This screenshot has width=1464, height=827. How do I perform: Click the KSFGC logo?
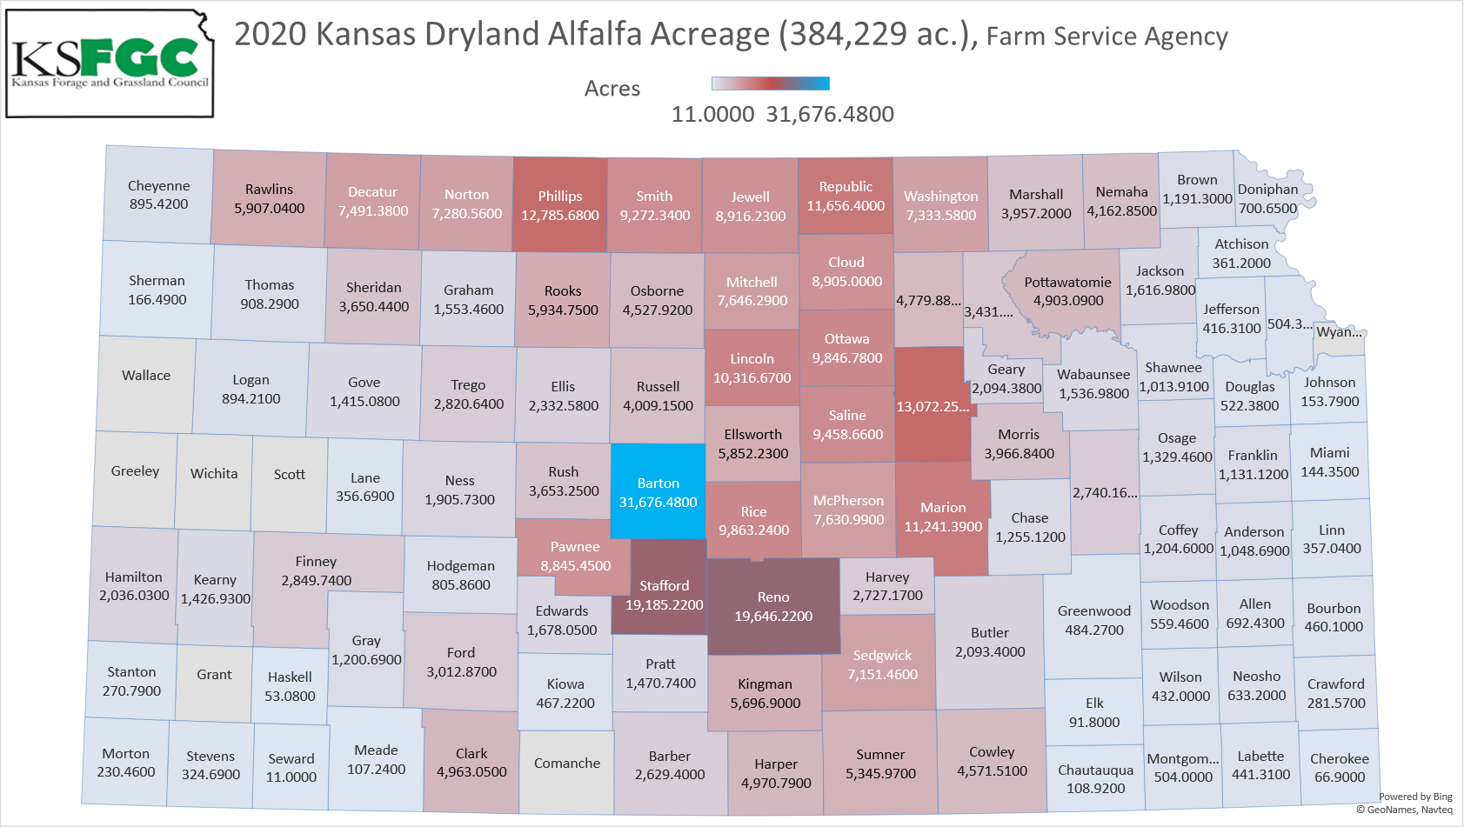point(110,63)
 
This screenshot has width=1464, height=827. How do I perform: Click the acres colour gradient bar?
point(770,83)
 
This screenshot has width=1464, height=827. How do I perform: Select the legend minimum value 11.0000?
point(712,115)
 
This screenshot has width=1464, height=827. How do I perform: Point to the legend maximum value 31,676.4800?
point(830,115)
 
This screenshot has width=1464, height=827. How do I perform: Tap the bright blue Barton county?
point(658,492)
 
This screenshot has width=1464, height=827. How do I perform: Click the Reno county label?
point(773,597)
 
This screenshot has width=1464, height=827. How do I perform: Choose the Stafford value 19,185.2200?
point(665,605)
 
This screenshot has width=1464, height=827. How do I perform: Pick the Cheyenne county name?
point(158,186)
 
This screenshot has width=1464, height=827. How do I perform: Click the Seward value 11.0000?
point(291,777)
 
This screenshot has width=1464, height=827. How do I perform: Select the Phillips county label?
point(560,197)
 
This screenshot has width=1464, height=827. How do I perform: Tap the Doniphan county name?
point(1267,190)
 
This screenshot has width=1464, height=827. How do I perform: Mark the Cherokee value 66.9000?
point(1340,777)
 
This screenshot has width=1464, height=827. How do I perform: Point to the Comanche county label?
point(567,764)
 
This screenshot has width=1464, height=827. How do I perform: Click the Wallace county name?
point(146,376)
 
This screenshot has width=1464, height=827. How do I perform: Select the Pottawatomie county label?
point(1067,283)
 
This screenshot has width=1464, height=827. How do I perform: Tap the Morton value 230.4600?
point(126,772)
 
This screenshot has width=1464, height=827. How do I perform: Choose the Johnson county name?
point(1329,383)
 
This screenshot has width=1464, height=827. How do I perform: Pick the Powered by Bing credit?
point(1415,797)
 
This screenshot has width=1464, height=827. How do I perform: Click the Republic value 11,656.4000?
point(846,206)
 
